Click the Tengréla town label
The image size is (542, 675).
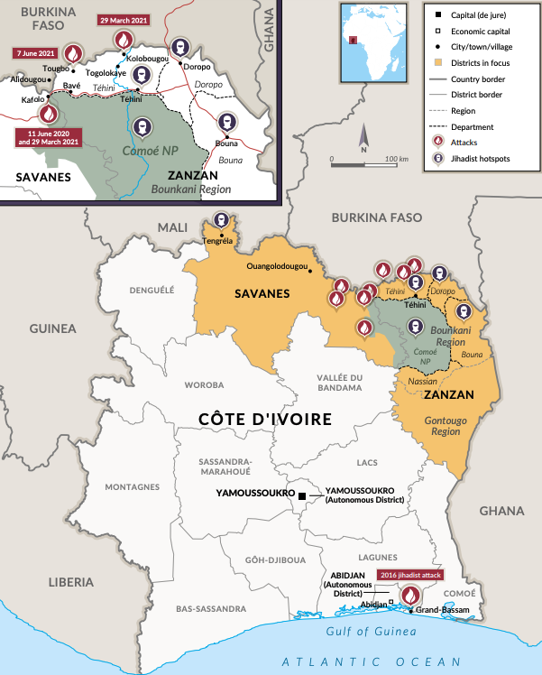221,240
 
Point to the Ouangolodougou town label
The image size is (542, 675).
277,266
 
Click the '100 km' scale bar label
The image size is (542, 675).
397,159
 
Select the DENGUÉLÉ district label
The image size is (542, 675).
151,291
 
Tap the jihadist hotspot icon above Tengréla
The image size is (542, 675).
221,221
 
